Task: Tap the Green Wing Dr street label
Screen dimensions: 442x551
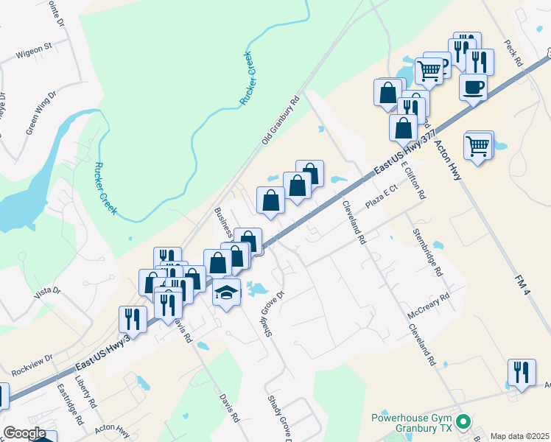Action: point(41,113)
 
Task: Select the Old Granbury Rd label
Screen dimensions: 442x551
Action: point(281,120)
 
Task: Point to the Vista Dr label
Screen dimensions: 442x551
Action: point(47,292)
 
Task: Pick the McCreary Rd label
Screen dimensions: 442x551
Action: point(427,306)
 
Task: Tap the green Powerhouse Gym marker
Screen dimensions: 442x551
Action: point(463,423)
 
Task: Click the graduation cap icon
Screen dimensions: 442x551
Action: point(227,292)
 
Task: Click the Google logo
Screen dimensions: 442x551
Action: point(24,433)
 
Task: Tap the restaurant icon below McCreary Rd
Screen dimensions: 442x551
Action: point(522,372)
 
